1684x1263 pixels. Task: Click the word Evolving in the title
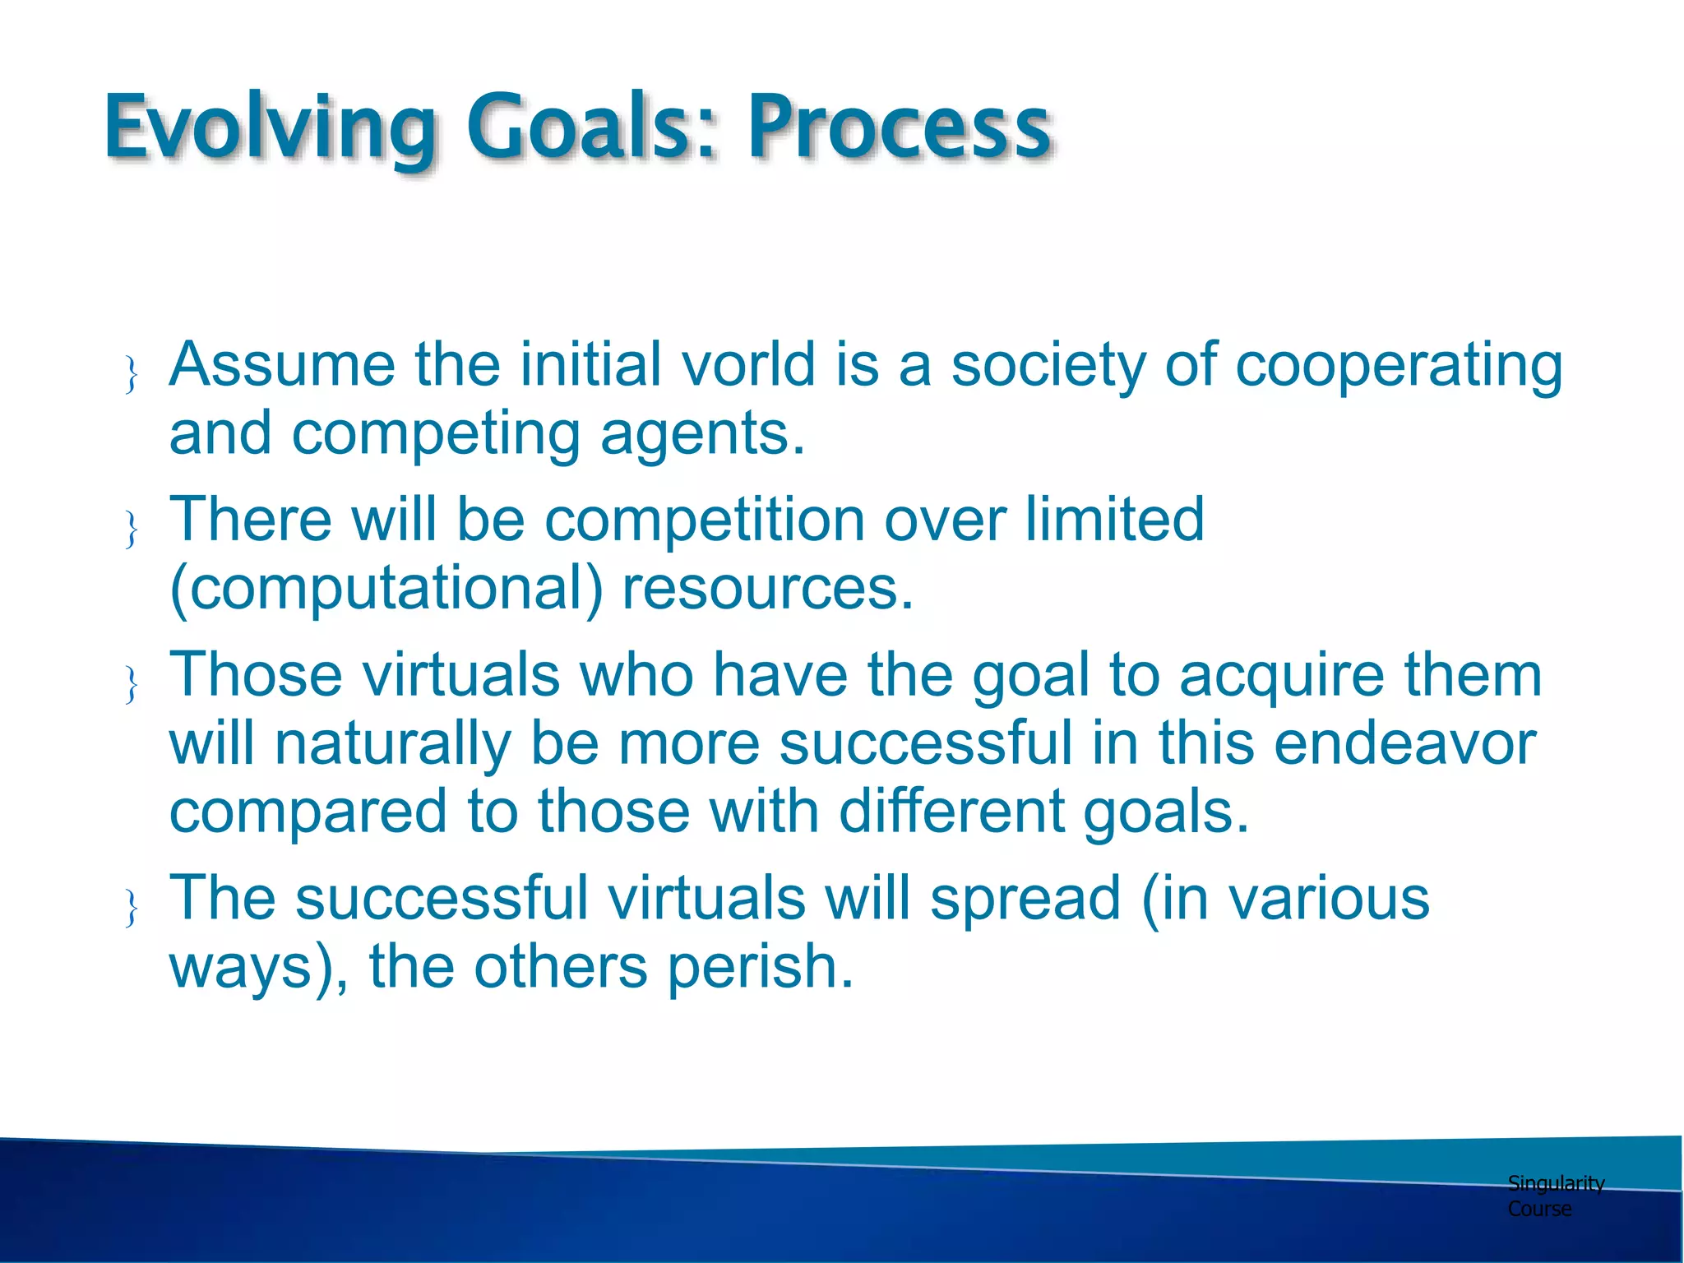click(x=270, y=127)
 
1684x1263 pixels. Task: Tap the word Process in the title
click(x=898, y=127)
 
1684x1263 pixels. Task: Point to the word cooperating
click(x=1399, y=366)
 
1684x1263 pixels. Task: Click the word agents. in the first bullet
click(x=703, y=434)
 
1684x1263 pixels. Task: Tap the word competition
click(x=704, y=520)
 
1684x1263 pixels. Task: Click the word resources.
click(x=768, y=589)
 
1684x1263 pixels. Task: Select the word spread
click(x=1026, y=898)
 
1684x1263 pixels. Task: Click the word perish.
click(x=761, y=966)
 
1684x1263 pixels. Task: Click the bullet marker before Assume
click(x=131, y=374)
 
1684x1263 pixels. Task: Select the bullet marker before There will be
click(x=131, y=529)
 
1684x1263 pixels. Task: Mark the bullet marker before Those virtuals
click(x=131, y=684)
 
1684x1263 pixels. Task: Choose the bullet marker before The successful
click(x=131, y=908)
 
